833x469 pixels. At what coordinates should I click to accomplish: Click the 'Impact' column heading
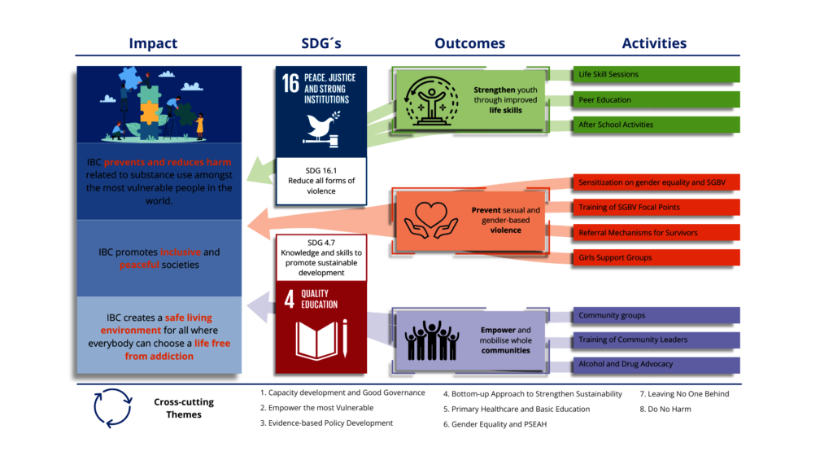(153, 43)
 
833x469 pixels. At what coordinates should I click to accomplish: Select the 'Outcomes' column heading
(469, 43)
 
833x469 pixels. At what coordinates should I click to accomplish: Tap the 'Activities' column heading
(654, 43)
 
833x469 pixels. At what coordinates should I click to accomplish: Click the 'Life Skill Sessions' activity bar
(656, 74)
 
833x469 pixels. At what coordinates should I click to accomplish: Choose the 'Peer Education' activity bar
(656, 99)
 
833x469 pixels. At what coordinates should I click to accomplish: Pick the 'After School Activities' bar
(656, 125)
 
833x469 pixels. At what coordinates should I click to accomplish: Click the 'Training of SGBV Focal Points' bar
(656, 207)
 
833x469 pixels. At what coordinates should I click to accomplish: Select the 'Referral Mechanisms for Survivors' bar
(656, 233)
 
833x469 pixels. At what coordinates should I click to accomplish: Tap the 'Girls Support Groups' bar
(656, 258)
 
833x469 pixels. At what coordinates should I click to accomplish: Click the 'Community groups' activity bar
(656, 315)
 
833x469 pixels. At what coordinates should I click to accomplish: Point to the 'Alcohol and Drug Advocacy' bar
(656, 364)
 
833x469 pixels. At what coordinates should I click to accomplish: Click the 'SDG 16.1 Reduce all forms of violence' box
(321, 180)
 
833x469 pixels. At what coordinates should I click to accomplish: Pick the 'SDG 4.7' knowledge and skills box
(321, 257)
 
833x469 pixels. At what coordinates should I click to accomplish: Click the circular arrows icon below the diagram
(112, 407)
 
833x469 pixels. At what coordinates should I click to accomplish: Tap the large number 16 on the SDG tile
(290, 84)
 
